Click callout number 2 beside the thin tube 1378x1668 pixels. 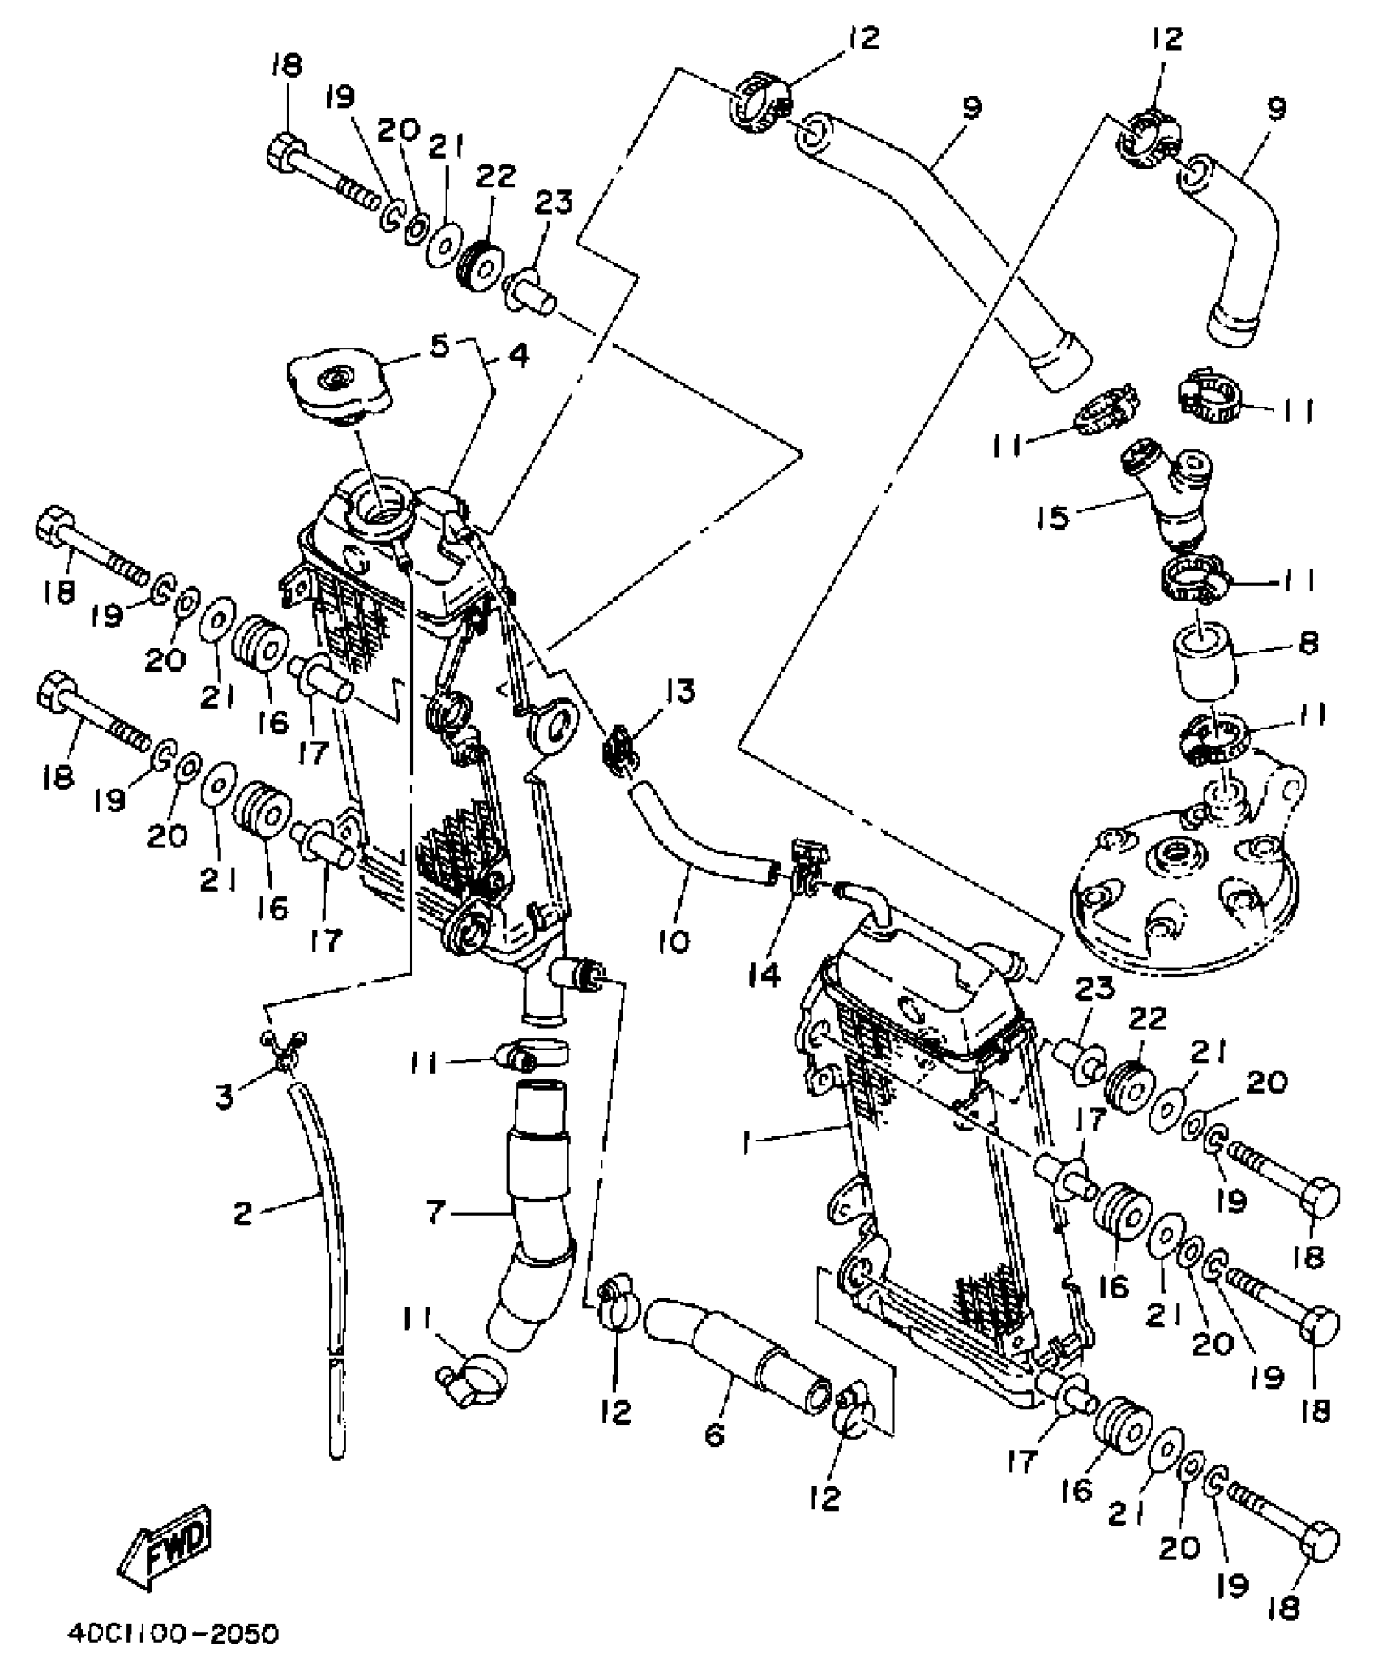[242, 1213]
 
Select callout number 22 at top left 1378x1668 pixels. [495, 177]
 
